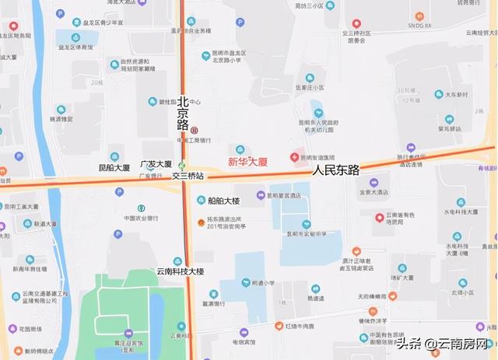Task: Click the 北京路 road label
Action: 184,114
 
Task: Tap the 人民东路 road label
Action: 336,169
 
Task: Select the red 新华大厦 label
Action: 247,163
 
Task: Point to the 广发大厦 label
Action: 156,165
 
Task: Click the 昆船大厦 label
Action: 114,168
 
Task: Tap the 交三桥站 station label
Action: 186,176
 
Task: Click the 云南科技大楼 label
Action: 180,271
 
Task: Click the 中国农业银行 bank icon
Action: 141,208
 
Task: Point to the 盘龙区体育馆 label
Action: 76,47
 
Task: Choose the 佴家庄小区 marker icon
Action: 310,78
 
